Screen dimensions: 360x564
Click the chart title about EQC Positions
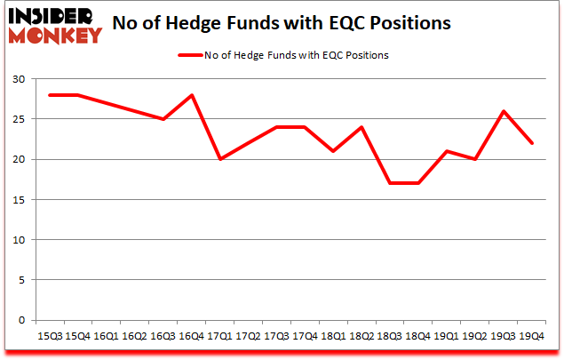coord(286,23)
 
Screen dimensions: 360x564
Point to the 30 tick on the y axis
coord(20,79)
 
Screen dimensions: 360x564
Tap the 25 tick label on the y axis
coord(20,119)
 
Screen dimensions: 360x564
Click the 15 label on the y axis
coord(20,200)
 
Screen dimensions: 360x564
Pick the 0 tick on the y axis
coord(22,320)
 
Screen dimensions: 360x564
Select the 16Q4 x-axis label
coord(192,337)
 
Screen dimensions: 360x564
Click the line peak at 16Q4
coord(192,95)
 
